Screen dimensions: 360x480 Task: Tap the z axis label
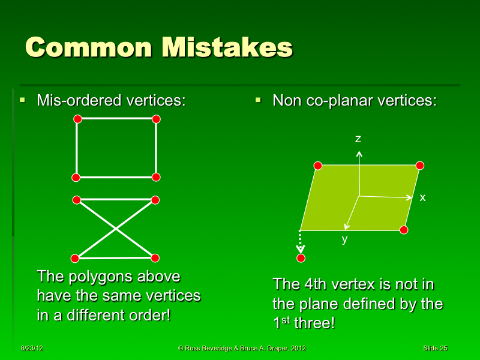358,139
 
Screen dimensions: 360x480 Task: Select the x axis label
422,197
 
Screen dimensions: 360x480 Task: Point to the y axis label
344,239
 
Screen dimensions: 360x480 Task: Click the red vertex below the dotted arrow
301,258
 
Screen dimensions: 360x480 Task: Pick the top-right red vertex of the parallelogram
420,166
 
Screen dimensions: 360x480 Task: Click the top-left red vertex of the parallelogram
318,166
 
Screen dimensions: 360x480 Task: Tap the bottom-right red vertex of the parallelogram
404,230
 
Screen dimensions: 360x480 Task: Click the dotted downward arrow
301,242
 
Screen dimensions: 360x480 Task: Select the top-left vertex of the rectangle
77,119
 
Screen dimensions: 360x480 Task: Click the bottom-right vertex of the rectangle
156,177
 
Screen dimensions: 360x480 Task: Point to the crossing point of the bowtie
116,229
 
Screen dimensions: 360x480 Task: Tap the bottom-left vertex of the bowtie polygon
75,259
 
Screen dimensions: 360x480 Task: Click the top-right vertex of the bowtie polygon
155,200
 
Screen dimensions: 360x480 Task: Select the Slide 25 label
435,349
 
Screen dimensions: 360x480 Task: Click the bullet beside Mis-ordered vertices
22,100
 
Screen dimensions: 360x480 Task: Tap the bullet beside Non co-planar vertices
258,100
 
